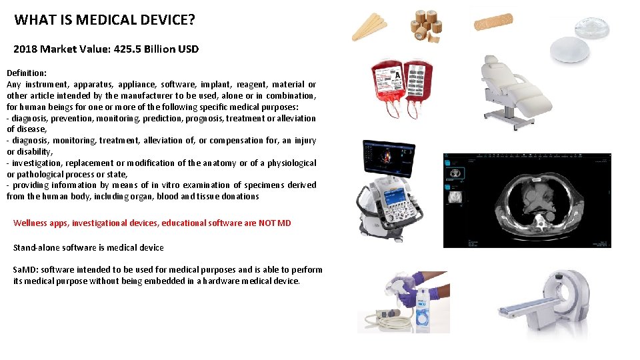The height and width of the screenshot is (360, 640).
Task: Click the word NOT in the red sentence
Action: [x=264, y=223]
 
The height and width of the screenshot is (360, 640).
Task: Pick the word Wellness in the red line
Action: [x=31, y=223]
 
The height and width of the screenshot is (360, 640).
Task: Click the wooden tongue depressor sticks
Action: [x=369, y=27]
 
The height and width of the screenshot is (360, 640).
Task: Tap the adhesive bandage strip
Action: [x=493, y=22]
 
